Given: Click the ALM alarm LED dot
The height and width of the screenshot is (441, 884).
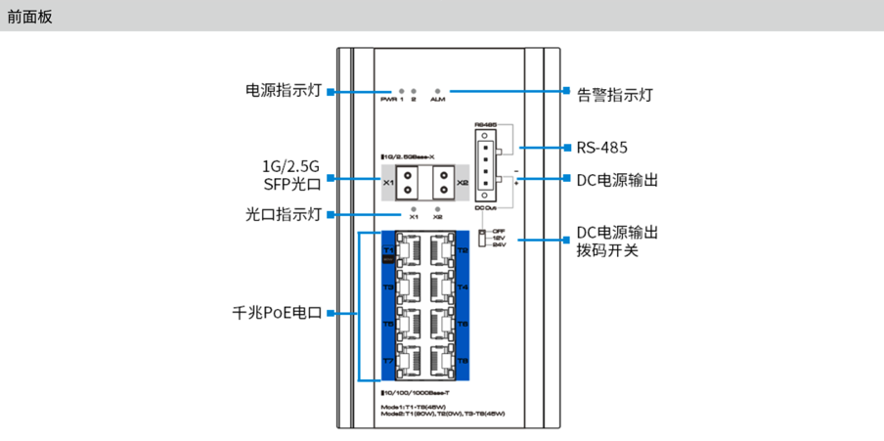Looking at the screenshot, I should click(x=438, y=89).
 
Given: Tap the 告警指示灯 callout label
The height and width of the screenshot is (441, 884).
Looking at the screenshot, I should click(x=614, y=95).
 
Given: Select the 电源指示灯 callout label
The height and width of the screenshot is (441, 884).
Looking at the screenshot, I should click(x=284, y=91).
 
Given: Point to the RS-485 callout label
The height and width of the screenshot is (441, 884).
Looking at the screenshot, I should click(x=601, y=148).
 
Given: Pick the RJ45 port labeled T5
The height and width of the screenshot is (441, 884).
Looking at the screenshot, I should click(x=411, y=324).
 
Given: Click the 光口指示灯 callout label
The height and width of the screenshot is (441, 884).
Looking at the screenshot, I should click(x=284, y=214).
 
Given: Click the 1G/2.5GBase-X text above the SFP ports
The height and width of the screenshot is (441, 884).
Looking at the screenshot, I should click(x=414, y=156).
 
